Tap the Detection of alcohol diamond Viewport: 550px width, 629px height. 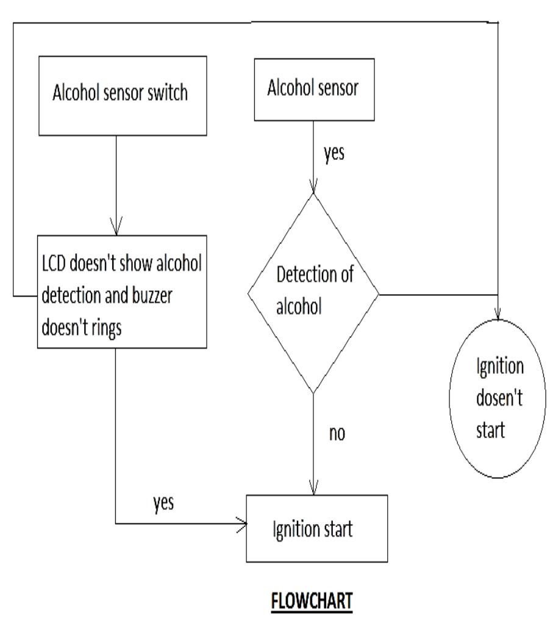pyautogui.click(x=313, y=293)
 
